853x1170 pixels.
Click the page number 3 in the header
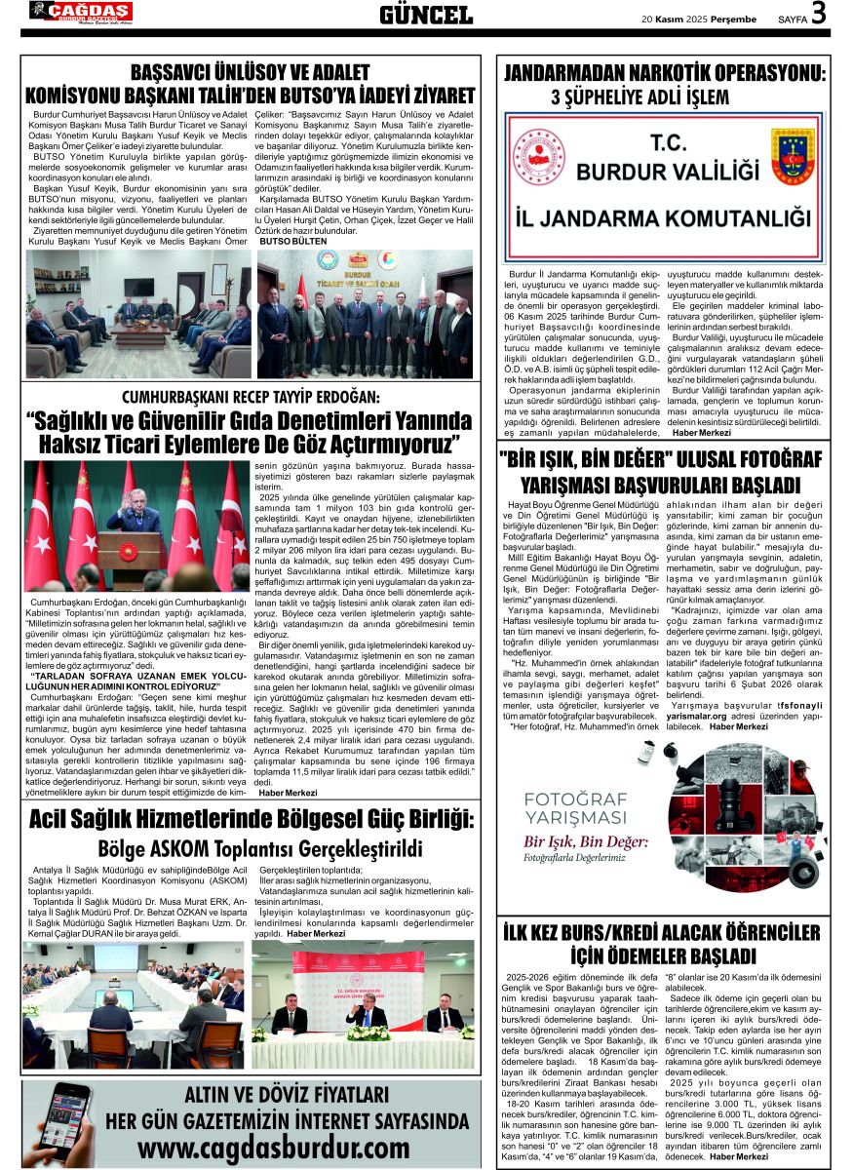818,14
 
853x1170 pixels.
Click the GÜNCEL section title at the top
425,15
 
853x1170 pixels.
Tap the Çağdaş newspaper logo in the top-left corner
80,12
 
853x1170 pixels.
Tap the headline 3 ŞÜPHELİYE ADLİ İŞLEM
640,97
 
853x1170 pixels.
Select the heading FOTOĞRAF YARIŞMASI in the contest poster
575,808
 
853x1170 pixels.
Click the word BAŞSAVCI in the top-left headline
178,72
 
